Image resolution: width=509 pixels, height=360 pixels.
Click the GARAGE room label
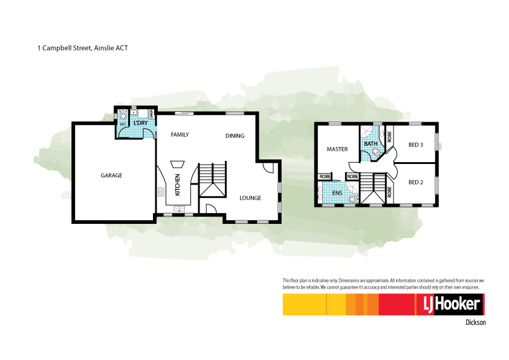pyautogui.click(x=111, y=175)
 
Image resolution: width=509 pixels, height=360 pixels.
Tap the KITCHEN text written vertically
pyautogui.click(x=178, y=185)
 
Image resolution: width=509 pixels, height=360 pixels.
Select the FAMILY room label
pyautogui.click(x=180, y=134)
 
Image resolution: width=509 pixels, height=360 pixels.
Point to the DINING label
pyautogui.click(x=235, y=136)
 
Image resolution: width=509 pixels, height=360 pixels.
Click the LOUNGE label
pyautogui.click(x=250, y=198)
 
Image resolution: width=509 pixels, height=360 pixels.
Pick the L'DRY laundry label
pyautogui.click(x=140, y=123)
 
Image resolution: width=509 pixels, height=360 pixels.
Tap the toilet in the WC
pyautogui.click(x=123, y=114)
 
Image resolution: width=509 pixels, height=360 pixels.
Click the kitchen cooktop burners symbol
pyautogui.click(x=162, y=192)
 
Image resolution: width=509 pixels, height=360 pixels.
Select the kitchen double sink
pyautogui.click(x=180, y=209)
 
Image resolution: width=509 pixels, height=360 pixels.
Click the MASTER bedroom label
pyautogui.click(x=337, y=149)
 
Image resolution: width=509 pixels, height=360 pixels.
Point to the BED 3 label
pyautogui.click(x=415, y=145)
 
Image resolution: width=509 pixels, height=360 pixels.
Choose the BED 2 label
pyautogui.click(x=415, y=182)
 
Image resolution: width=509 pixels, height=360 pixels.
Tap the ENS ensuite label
pyautogui.click(x=337, y=194)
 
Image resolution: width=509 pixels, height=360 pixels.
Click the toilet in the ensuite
pyautogui.click(x=356, y=198)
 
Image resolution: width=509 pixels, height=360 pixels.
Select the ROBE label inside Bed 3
pyautogui.click(x=389, y=136)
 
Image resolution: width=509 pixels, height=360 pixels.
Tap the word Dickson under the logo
pyautogui.click(x=475, y=322)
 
